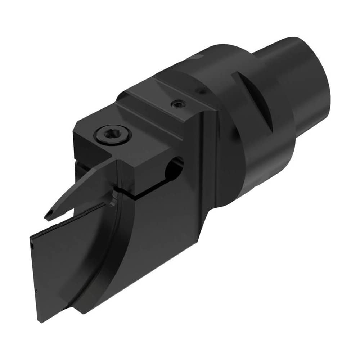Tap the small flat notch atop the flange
(199, 58)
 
